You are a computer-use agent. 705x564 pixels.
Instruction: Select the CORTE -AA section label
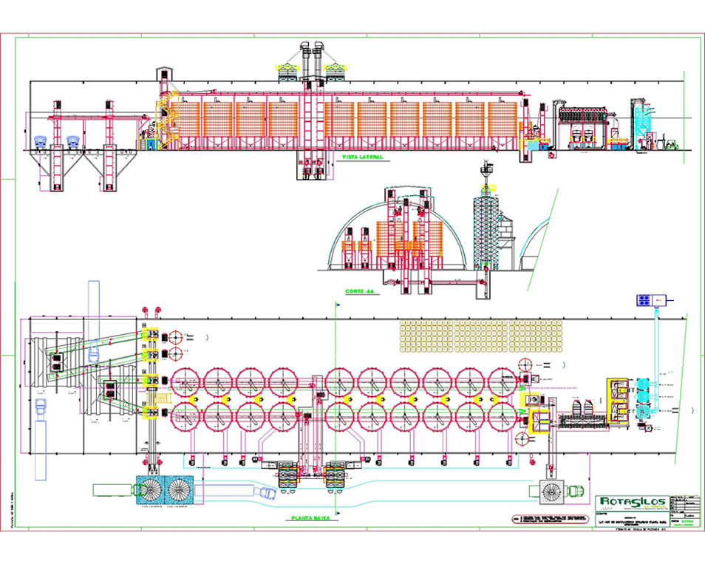pos(361,291)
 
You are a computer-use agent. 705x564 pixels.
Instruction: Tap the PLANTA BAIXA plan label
pos(310,518)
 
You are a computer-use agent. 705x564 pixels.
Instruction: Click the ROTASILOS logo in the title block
pos(633,503)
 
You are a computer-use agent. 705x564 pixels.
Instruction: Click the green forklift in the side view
pos(670,143)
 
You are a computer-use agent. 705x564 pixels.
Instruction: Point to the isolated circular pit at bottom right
pos(551,489)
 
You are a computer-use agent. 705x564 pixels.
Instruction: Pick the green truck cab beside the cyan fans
pos(111,489)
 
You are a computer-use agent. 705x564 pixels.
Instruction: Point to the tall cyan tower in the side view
pos(643,123)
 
